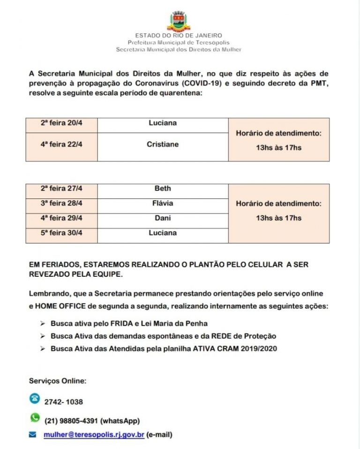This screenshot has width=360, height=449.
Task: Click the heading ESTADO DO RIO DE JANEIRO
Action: click(x=179, y=35)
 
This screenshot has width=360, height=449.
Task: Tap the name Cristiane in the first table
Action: click(x=163, y=145)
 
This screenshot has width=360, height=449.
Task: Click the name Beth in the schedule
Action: click(x=163, y=189)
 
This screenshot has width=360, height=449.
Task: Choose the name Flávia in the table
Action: click(x=163, y=203)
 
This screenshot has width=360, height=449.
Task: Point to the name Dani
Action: click(x=163, y=218)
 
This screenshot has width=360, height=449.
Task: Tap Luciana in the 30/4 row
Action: click(x=163, y=233)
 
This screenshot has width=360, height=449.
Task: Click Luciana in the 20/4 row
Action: click(x=163, y=123)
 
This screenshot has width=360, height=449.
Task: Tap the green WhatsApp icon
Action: click(x=35, y=418)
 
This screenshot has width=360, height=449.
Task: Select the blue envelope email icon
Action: click(x=33, y=435)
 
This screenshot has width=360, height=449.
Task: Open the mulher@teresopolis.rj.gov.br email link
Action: click(x=94, y=435)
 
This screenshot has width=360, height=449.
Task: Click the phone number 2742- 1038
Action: click(x=63, y=402)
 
